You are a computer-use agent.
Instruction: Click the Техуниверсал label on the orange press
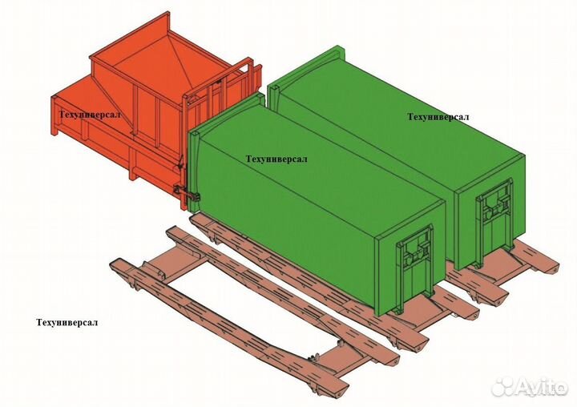coord(90,115)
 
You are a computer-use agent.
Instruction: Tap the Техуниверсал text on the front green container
coord(276,159)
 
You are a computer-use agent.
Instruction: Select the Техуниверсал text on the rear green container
coord(438,117)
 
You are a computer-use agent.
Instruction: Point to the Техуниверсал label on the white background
coord(67,323)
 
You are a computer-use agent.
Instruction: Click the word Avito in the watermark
coord(542,386)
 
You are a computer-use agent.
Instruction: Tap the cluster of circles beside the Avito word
coord(503,386)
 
